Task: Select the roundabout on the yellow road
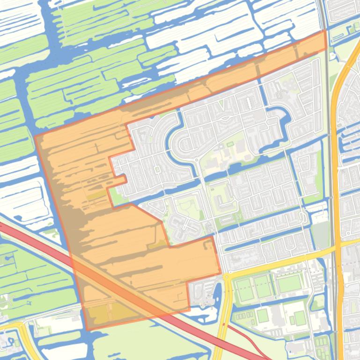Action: tap(227, 277)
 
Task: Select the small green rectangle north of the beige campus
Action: tap(230, 144)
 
